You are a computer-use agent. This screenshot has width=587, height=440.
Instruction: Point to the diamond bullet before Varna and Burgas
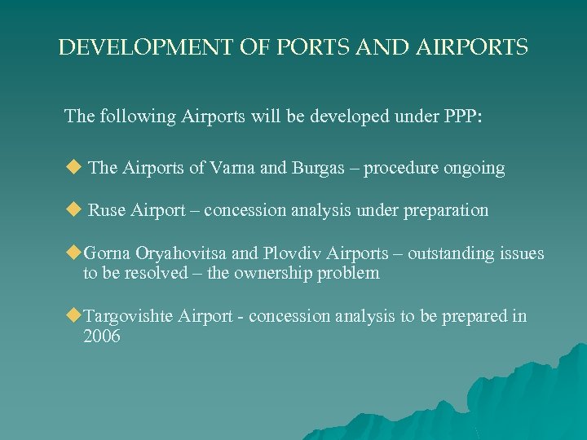click(73, 168)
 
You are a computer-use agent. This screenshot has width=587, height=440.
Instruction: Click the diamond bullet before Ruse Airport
click(73, 210)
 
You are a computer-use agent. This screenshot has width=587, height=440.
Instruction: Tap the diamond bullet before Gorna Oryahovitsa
click(73, 253)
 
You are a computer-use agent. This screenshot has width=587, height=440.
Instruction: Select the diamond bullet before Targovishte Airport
click(73, 316)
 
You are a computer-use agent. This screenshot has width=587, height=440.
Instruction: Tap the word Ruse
click(105, 211)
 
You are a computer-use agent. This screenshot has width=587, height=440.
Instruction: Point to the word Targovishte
click(130, 317)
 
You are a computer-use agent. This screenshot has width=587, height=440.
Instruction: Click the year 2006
click(102, 337)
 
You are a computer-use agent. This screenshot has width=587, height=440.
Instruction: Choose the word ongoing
click(474, 169)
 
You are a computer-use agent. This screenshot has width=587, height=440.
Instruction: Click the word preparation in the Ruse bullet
click(444, 211)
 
